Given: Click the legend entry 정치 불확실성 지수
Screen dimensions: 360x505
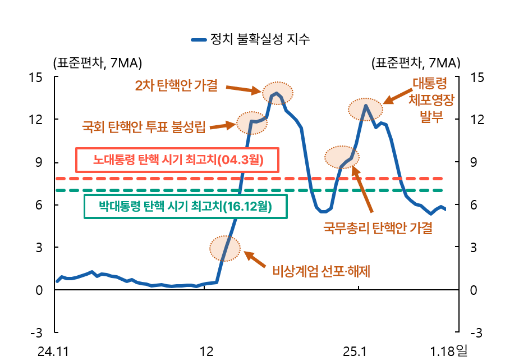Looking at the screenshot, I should pyautogui.click(x=251, y=39).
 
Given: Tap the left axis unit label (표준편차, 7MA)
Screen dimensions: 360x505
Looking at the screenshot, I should pyautogui.click(x=97, y=62).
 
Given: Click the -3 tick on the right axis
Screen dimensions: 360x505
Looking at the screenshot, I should pyautogui.click(x=475, y=333).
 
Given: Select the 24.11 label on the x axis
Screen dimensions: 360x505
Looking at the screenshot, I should pyautogui.click(x=53, y=352).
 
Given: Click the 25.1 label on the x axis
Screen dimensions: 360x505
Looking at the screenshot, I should pyautogui.click(x=355, y=352).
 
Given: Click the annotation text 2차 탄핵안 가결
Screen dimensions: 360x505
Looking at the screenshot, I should pyautogui.click(x=176, y=85).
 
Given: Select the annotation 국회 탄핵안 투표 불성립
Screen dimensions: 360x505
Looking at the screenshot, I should pyautogui.click(x=144, y=127).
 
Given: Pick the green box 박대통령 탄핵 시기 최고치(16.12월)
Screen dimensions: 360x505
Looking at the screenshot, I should pyautogui.click(x=185, y=206).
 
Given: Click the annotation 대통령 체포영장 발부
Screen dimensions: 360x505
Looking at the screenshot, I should pyautogui.click(x=431, y=101).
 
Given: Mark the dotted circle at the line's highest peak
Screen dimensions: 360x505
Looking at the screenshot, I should pyautogui.click(x=277, y=92).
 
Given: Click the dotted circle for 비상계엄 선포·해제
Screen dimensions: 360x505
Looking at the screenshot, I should pyautogui.click(x=225, y=248).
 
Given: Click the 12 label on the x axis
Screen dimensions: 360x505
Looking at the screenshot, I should pyautogui.click(x=206, y=352).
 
